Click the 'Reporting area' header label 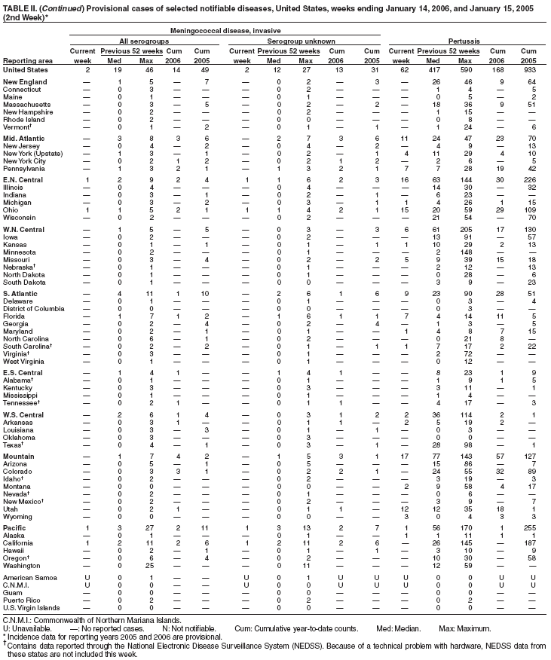point(27,60)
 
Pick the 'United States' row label point(24,69)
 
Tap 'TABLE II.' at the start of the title point(20,5)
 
